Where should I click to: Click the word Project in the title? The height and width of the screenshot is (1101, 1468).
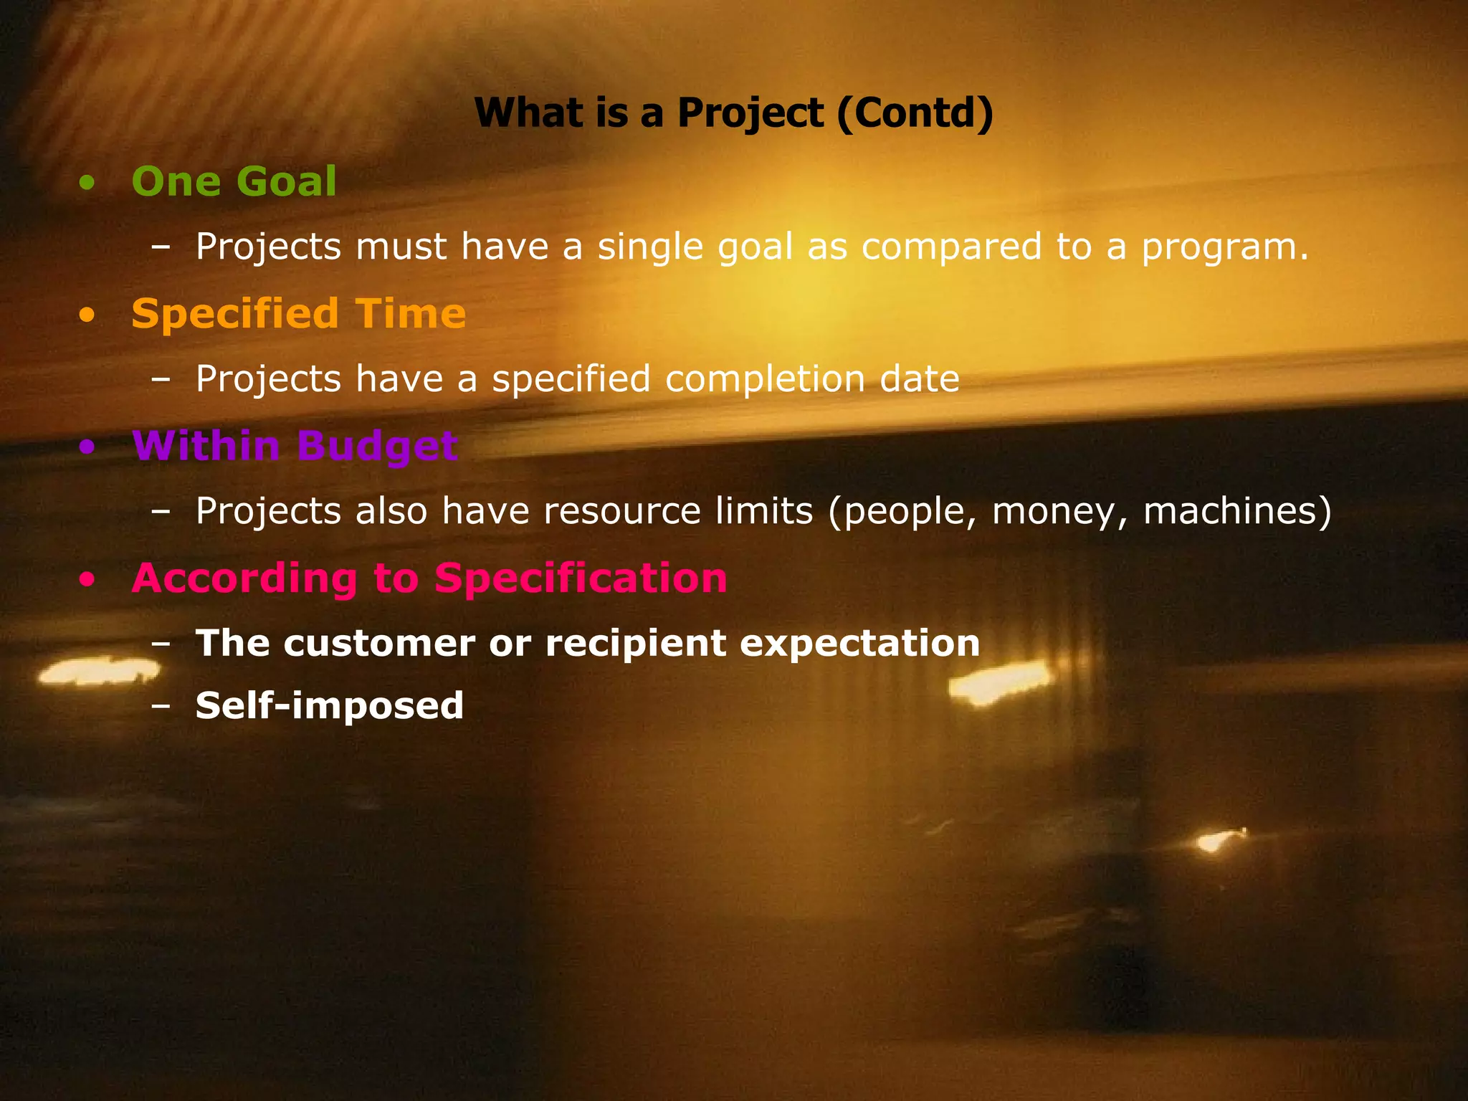click(x=750, y=113)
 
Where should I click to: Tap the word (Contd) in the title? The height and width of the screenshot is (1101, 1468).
click(x=915, y=113)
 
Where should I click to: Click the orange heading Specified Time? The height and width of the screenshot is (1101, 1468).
click(x=298, y=314)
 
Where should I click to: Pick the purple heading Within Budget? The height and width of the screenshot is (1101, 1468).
click(x=295, y=446)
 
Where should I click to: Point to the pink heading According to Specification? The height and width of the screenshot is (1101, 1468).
click(x=429, y=578)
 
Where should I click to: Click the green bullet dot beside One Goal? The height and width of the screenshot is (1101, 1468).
click(x=87, y=183)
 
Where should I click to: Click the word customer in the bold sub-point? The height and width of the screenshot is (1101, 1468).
click(x=379, y=643)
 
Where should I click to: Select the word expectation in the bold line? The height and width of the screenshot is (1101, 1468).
click(x=859, y=643)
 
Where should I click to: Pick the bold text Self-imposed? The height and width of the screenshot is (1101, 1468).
click(x=330, y=705)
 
